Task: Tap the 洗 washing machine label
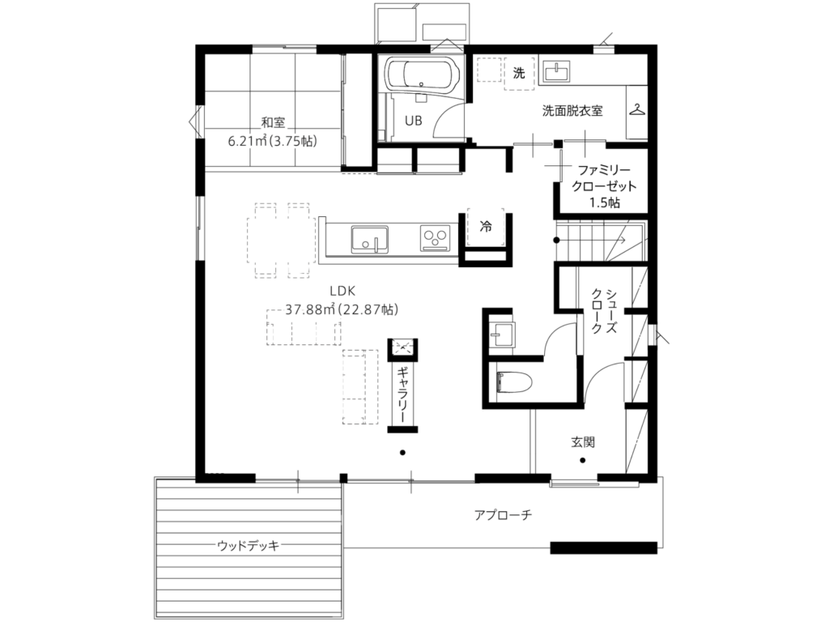point(519,73)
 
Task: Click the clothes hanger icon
point(638,110)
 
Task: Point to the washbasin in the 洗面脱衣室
point(555,72)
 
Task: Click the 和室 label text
point(274,123)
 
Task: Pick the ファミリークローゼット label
point(604,186)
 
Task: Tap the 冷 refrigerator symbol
point(486,227)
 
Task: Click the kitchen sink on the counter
point(369,240)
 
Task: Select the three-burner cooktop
point(435,238)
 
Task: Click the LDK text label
point(342,291)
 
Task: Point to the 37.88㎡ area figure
point(312,309)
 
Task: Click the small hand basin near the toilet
point(501,334)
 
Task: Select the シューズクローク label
point(604,311)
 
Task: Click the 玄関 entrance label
point(583,441)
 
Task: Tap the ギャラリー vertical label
point(402,394)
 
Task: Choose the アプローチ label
point(503,514)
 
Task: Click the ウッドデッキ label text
point(248,545)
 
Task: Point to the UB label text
point(414,121)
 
